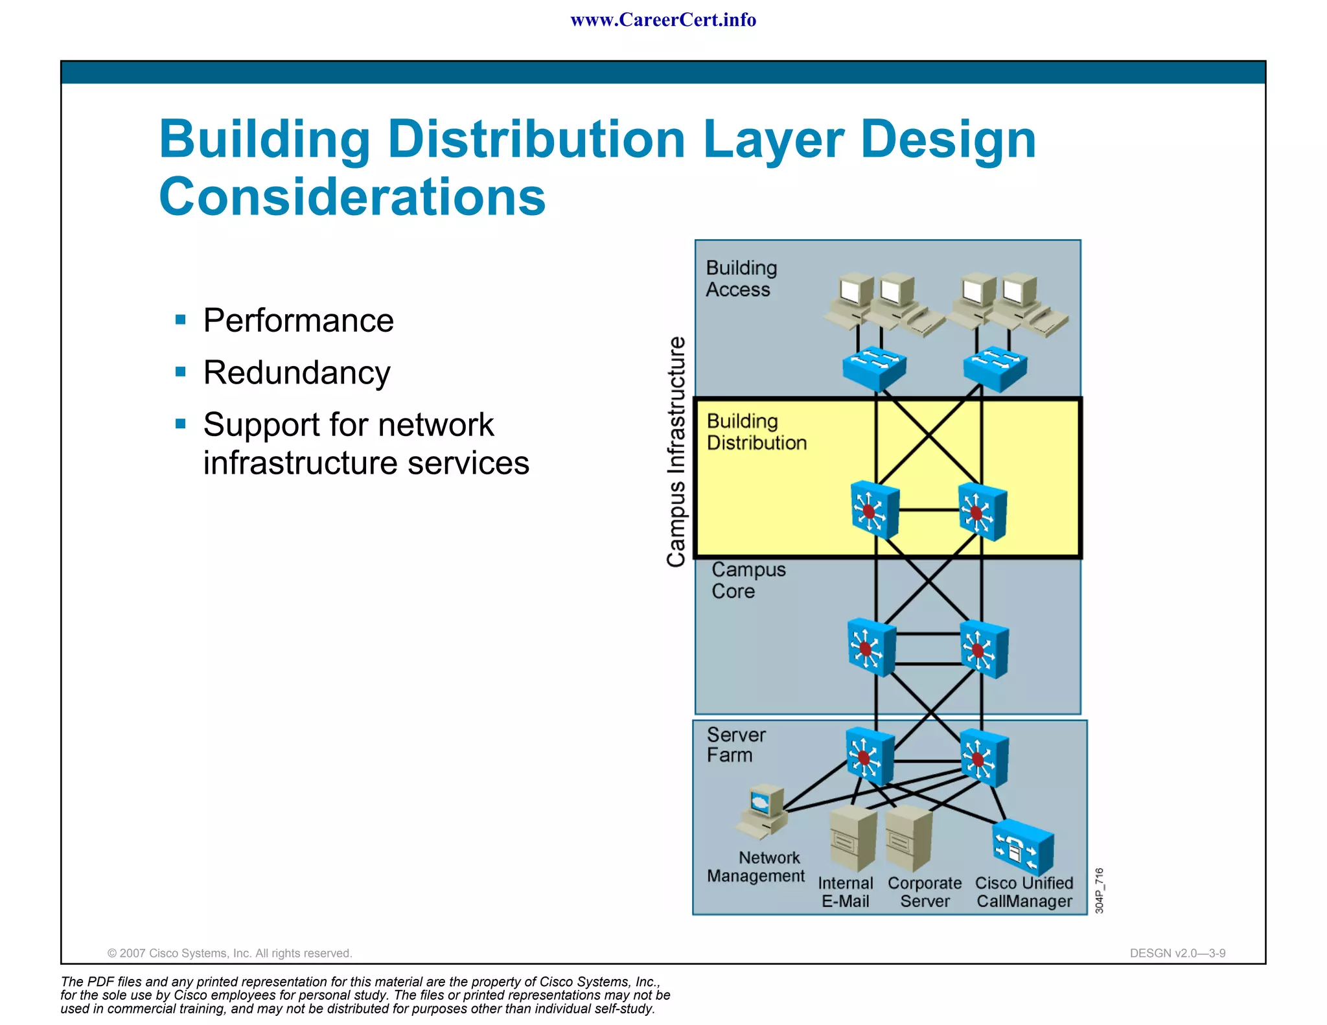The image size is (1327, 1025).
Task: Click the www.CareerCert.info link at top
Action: (663, 20)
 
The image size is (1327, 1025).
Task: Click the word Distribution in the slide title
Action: (536, 139)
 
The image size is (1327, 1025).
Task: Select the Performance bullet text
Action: (298, 320)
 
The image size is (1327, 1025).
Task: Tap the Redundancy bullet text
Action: (297, 373)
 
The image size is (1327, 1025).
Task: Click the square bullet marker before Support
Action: (181, 424)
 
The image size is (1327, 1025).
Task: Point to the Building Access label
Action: (741, 279)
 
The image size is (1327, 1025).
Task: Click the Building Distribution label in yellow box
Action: (756, 432)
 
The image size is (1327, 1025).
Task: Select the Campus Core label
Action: (748, 580)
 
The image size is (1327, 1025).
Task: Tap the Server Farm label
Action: (735, 745)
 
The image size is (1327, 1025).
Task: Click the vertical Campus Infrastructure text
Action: (676, 452)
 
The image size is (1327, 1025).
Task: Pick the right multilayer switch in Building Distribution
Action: (982, 511)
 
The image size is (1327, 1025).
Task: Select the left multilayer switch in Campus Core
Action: (871, 648)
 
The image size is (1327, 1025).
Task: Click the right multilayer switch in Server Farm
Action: (984, 757)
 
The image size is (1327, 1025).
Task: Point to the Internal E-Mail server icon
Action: (853, 838)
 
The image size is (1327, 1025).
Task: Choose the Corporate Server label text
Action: (925, 892)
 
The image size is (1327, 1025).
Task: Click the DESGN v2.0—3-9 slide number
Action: (1177, 953)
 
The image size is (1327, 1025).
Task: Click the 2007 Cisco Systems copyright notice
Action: (229, 953)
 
